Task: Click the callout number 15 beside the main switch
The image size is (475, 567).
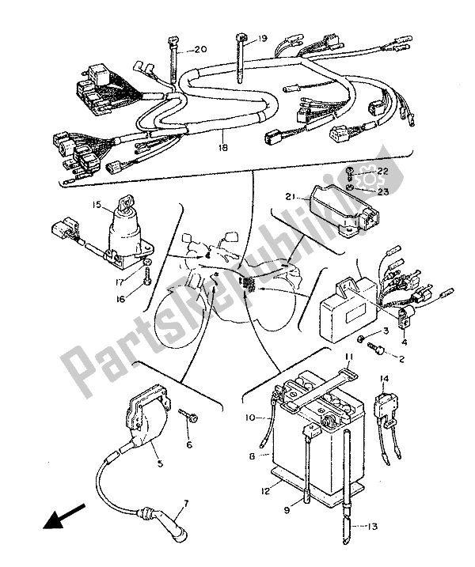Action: coord(97,205)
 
